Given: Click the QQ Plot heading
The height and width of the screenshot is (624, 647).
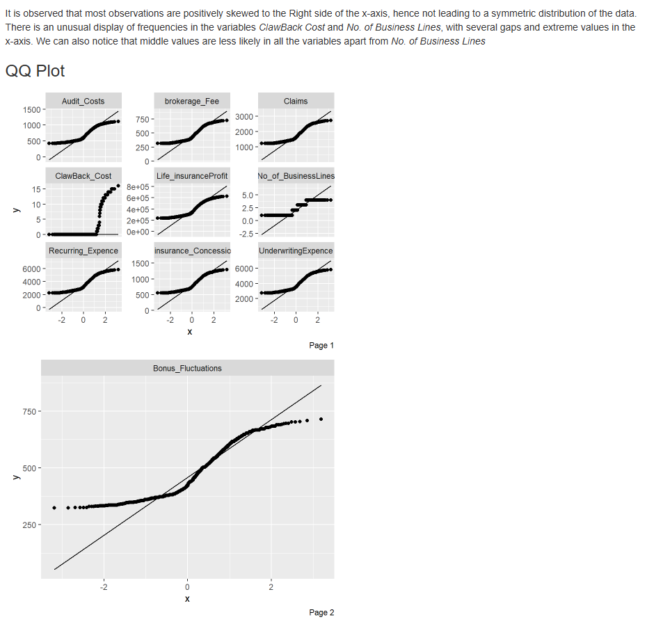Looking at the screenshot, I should coord(35,71).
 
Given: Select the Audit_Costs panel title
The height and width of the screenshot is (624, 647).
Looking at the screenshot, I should coord(83,101).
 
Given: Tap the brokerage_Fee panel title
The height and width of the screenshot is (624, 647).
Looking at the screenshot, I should coord(191,101).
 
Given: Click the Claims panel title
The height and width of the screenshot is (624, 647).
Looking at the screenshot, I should coord(296,101).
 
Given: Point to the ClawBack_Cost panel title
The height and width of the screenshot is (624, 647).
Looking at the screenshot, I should coord(83,176).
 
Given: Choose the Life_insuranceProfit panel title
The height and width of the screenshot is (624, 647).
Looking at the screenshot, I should coord(191,176).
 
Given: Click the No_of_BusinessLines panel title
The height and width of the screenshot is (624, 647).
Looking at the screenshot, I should coord(296,176).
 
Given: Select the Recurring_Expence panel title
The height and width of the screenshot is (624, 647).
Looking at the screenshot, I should coord(83,250).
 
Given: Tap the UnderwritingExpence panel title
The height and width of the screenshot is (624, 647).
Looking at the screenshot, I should coord(296,250).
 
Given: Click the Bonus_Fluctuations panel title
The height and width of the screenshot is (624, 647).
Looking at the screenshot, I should coord(187,368).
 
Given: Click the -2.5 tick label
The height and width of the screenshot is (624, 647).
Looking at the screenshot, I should coord(248,234).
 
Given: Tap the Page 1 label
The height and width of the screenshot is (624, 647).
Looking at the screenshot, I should coord(321,345).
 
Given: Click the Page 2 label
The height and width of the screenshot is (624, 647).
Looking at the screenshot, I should coord(321,612).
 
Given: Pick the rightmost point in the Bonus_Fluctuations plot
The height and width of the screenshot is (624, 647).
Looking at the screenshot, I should coord(321,419).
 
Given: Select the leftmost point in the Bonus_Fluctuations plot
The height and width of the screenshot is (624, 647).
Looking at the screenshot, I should coord(54,508).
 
